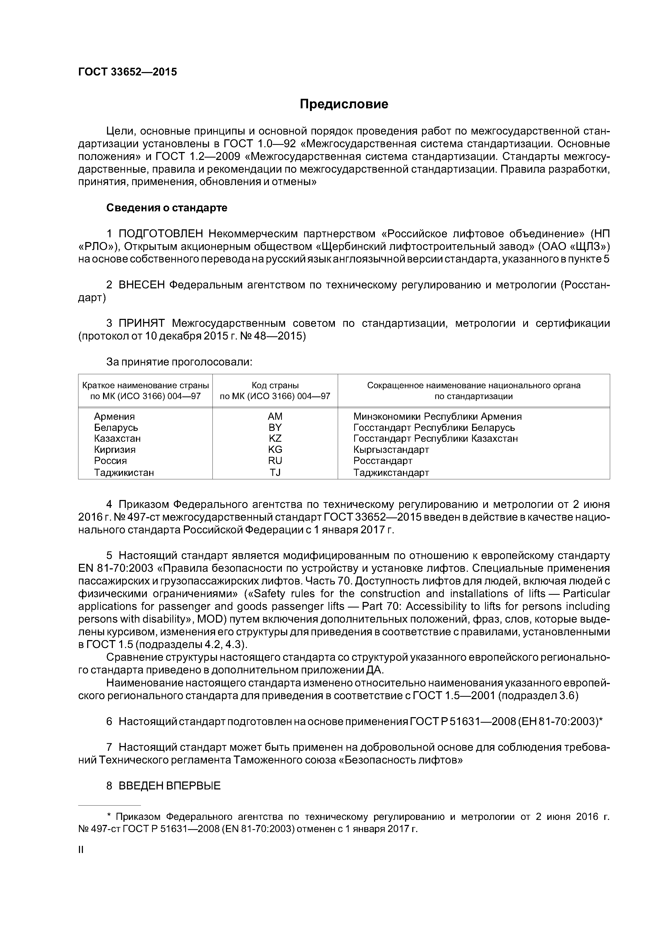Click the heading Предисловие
point(344,104)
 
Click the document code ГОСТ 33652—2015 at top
point(127,72)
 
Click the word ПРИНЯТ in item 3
point(142,323)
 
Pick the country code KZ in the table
point(275,439)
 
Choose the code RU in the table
point(275,461)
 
